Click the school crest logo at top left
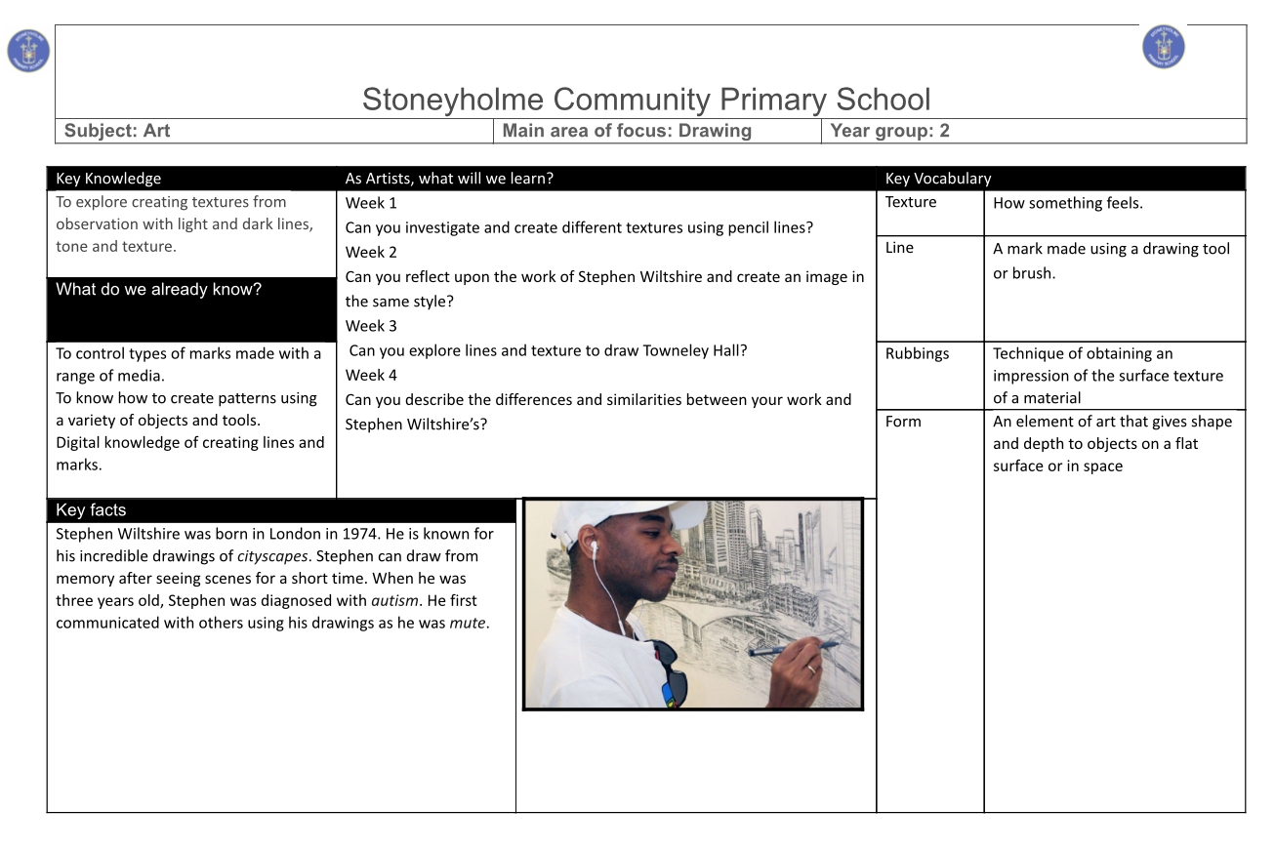click(x=28, y=50)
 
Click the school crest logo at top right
click(x=1163, y=47)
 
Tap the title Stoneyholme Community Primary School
click(x=645, y=100)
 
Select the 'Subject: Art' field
click(x=117, y=131)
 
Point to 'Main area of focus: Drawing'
click(x=626, y=131)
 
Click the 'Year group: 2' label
click(x=889, y=131)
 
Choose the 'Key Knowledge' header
click(x=108, y=179)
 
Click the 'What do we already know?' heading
click(x=158, y=289)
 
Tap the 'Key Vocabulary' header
click(x=937, y=179)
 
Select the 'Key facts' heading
click(x=91, y=509)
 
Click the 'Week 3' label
click(x=371, y=326)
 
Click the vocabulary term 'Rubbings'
click(x=917, y=353)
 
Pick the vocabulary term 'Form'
click(x=903, y=422)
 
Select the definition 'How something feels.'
click(x=1067, y=203)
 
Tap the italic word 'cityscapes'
click(x=272, y=556)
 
